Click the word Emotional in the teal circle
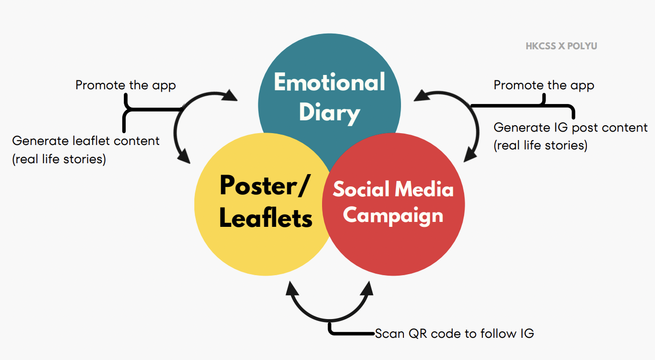point(329,82)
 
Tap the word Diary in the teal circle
point(329,112)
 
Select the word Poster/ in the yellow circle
point(265,186)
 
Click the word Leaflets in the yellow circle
point(266,217)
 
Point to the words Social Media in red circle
point(393,189)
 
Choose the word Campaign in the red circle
point(393,216)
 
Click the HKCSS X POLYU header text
point(561,46)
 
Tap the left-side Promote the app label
point(125,85)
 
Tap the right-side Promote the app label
point(544,85)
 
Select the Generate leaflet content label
point(86,141)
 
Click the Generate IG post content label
point(570,128)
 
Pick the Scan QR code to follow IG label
point(454,333)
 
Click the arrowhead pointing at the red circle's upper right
point(469,155)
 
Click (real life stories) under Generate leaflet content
point(59,159)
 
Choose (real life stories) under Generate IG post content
point(540,146)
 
